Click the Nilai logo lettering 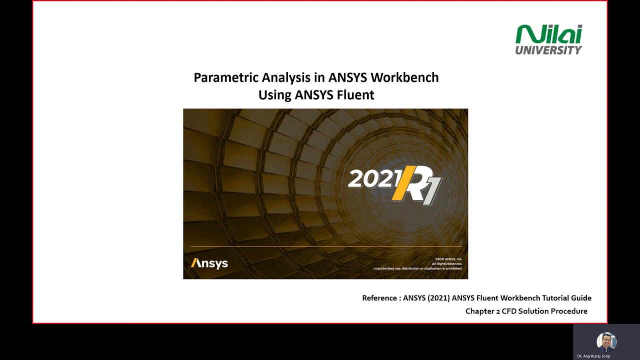[x=548, y=34]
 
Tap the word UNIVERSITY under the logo [x=548, y=50]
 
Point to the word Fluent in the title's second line [x=355, y=94]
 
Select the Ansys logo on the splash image [x=209, y=263]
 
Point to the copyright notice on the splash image [x=418, y=263]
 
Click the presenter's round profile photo [x=606, y=342]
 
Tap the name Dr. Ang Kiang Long [x=593, y=356]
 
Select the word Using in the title [x=275, y=94]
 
